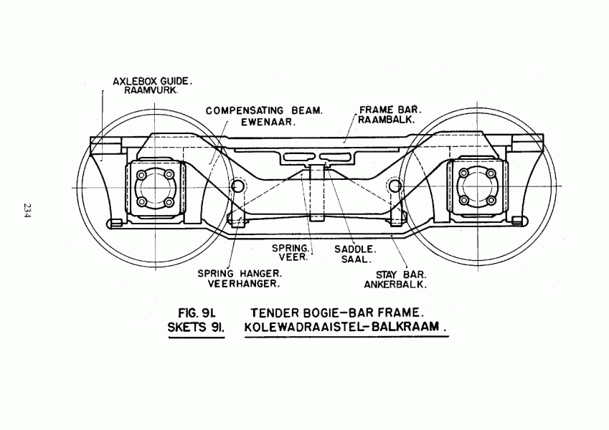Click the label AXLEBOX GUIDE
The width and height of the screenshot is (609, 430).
click(152, 82)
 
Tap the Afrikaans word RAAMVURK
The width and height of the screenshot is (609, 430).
click(151, 91)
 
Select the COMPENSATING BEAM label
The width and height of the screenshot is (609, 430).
click(264, 111)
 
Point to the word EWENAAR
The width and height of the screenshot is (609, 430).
click(268, 122)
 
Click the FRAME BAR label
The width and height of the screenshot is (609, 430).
click(390, 110)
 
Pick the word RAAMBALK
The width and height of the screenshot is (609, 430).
click(387, 120)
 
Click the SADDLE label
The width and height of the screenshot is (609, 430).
click(355, 249)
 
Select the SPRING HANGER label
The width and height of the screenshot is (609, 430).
click(240, 274)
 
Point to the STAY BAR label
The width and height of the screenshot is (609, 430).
click(401, 274)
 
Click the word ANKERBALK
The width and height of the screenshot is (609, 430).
click(395, 285)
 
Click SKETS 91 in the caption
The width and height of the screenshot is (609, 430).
click(196, 328)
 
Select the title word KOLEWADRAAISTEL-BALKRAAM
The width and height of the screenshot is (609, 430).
click(346, 327)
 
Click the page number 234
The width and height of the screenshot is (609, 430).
click(27, 211)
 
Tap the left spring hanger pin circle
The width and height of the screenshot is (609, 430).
click(237, 186)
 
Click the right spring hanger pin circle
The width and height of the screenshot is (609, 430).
click(395, 186)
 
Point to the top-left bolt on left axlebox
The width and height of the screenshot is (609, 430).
click(142, 175)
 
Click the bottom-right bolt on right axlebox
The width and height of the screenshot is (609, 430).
click(491, 200)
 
